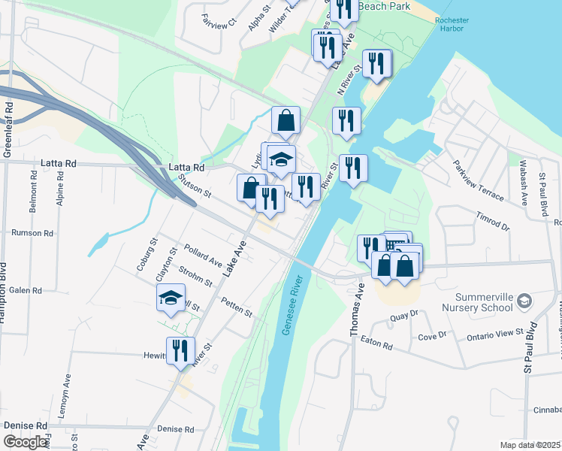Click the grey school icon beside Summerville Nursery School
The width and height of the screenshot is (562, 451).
[x=524, y=302]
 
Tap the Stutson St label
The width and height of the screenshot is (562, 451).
[x=195, y=185]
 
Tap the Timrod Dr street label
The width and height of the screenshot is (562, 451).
[x=493, y=220]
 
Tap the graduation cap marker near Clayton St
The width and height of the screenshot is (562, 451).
[x=171, y=298]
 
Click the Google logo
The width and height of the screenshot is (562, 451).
[x=25, y=442]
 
